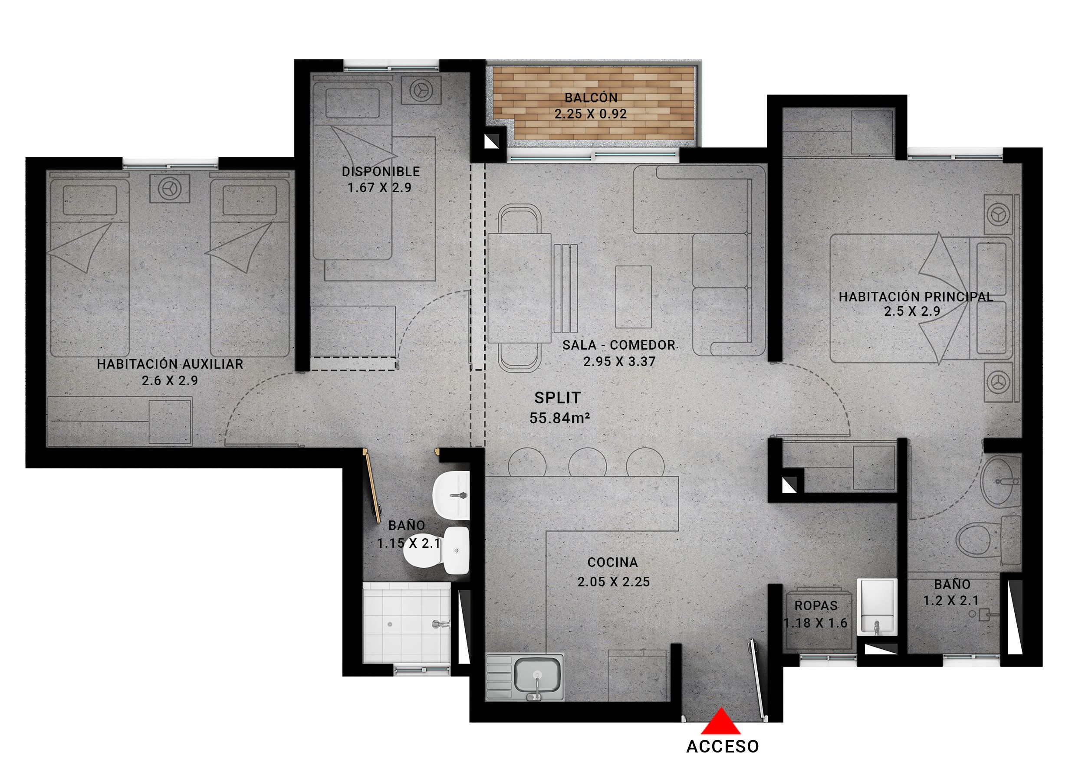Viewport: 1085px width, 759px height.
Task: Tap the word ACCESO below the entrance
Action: coord(723,746)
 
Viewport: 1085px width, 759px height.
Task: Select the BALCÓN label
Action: coord(591,98)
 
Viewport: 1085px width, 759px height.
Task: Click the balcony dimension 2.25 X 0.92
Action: coord(591,114)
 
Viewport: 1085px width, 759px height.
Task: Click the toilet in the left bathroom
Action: coord(435,551)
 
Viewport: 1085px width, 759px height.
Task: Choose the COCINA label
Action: coord(613,562)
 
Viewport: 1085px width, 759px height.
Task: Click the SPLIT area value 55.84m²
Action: coord(559,418)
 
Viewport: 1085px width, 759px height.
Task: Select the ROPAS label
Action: coord(816,605)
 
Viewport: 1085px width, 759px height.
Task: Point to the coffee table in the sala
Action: coord(634,297)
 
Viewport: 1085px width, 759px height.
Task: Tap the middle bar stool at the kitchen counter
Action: coord(587,462)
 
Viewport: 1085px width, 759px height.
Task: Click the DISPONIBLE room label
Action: coord(381,171)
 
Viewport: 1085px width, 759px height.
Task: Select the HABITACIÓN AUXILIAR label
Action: coord(170,364)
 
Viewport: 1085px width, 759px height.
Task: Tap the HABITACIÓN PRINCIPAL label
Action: coord(916,297)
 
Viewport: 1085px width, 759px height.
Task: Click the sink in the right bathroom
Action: coord(1000,482)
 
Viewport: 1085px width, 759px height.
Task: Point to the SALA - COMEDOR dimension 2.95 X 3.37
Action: coord(619,362)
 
